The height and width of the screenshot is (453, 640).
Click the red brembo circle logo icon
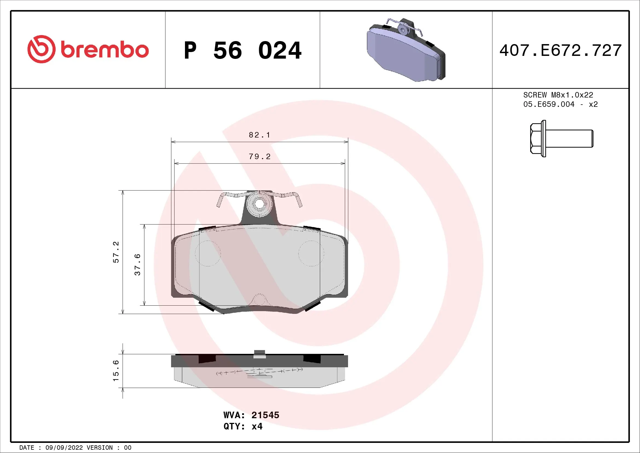41,49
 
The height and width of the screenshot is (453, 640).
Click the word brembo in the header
105,50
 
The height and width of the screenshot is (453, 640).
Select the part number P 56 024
242,50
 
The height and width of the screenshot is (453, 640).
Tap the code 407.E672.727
560,50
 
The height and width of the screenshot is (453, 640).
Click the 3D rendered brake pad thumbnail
406,50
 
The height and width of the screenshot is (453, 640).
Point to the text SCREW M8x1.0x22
558,95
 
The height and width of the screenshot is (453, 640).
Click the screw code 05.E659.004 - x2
560,104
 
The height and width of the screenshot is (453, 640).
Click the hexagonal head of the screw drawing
536,139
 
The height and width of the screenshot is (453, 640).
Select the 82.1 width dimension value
259,135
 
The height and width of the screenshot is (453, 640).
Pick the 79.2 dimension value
259,156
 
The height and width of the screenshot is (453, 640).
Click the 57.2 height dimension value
116,252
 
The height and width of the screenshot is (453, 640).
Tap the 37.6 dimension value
137,265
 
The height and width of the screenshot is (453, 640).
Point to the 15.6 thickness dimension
116,371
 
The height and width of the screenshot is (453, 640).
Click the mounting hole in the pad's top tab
259,204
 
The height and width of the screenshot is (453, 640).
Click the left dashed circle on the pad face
208,253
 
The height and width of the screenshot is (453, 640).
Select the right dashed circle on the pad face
311,253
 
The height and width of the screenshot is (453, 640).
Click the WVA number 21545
265,415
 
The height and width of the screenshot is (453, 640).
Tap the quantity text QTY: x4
243,426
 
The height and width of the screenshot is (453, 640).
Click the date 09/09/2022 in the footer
64,448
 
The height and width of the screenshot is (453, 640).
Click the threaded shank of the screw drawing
569,139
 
